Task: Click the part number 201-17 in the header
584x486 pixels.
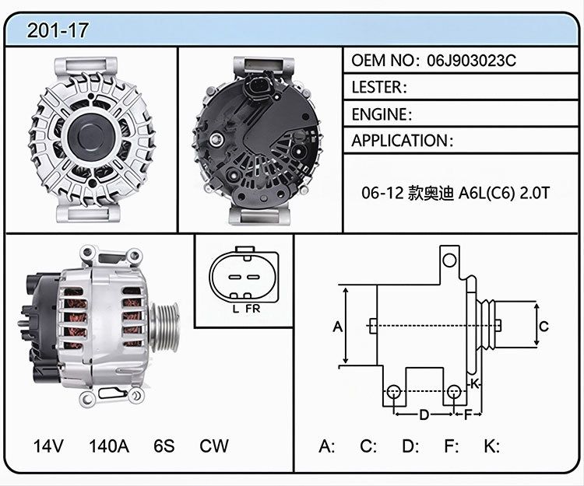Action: point(58,30)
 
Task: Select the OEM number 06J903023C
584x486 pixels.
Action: point(472,60)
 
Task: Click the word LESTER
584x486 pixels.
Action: point(377,87)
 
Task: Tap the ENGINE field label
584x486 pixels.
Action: point(379,114)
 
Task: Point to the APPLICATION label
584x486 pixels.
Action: point(399,141)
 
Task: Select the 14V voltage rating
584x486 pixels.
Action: point(48,446)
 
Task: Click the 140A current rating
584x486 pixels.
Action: point(109,446)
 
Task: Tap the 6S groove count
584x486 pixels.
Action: point(164,446)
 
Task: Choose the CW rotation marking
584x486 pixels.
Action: point(214,446)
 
